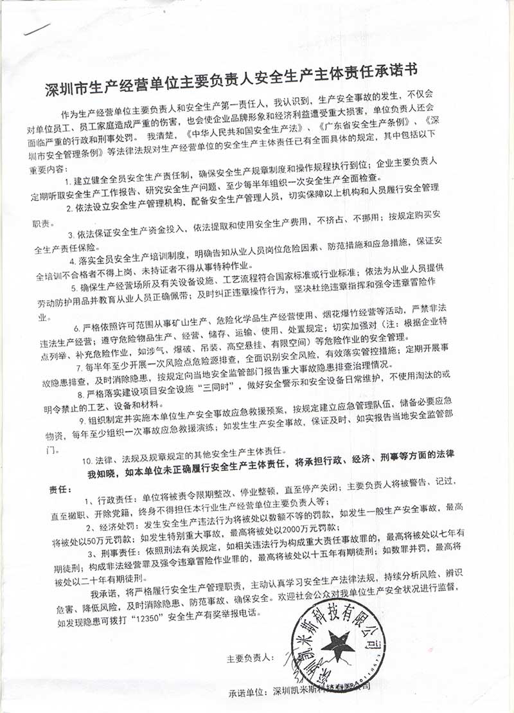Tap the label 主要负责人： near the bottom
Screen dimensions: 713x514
(251, 660)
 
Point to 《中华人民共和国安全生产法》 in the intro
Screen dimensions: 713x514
(230, 137)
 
